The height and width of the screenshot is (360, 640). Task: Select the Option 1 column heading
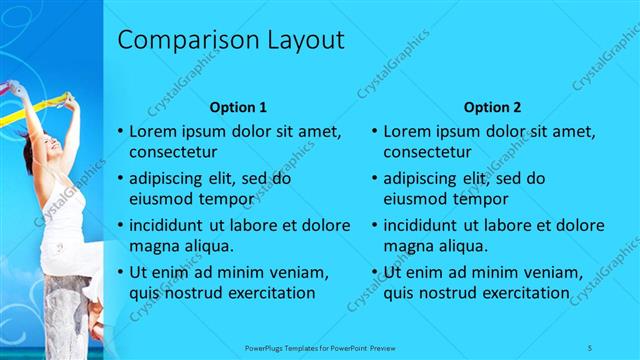[238, 106]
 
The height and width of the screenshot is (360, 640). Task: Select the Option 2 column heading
[493, 106]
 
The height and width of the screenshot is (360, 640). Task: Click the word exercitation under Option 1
[266, 293]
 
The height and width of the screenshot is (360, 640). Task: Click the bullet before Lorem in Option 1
[121, 132]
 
